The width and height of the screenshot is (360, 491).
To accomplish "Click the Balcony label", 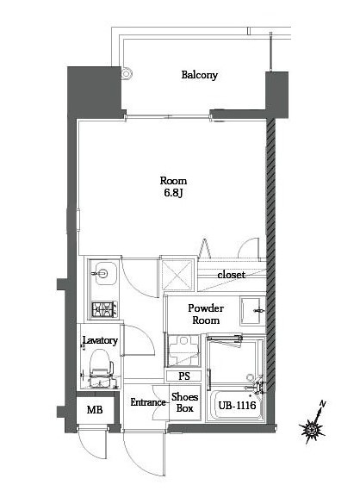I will (199, 75).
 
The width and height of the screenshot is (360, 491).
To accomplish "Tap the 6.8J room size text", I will (173, 194).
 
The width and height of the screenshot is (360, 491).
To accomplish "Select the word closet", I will (230, 275).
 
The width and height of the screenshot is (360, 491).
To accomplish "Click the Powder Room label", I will (206, 314).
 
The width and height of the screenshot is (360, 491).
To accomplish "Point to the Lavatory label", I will (100, 341).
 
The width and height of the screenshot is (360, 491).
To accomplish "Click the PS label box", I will (183, 376).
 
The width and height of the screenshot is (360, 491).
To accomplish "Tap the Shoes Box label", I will (184, 402).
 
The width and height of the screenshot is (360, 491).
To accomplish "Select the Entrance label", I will (147, 402).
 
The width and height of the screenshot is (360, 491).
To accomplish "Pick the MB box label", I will (95, 409).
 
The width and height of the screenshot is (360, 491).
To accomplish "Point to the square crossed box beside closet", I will (179, 276).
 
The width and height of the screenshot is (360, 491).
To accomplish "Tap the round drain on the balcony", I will (127, 74).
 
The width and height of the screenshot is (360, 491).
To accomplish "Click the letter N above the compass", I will (322, 404).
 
